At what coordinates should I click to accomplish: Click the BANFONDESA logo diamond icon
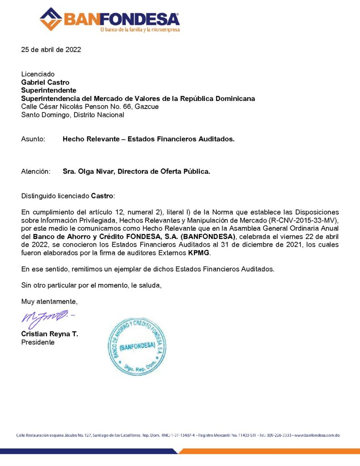pos(51,19)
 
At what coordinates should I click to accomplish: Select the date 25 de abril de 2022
pos(51,50)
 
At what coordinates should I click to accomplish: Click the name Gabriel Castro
pos(46,82)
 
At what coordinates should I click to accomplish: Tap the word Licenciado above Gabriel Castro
pos(38,74)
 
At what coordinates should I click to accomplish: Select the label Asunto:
pos(33,139)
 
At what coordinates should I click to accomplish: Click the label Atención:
pos(35,172)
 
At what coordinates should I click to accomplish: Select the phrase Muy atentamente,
pos(50,301)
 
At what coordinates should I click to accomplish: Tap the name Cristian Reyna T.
pos(50,334)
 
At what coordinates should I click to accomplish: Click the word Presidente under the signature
pos(38,342)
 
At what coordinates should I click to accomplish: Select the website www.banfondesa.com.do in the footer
pos(317,436)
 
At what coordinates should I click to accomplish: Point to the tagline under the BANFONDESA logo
pos(140,30)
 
